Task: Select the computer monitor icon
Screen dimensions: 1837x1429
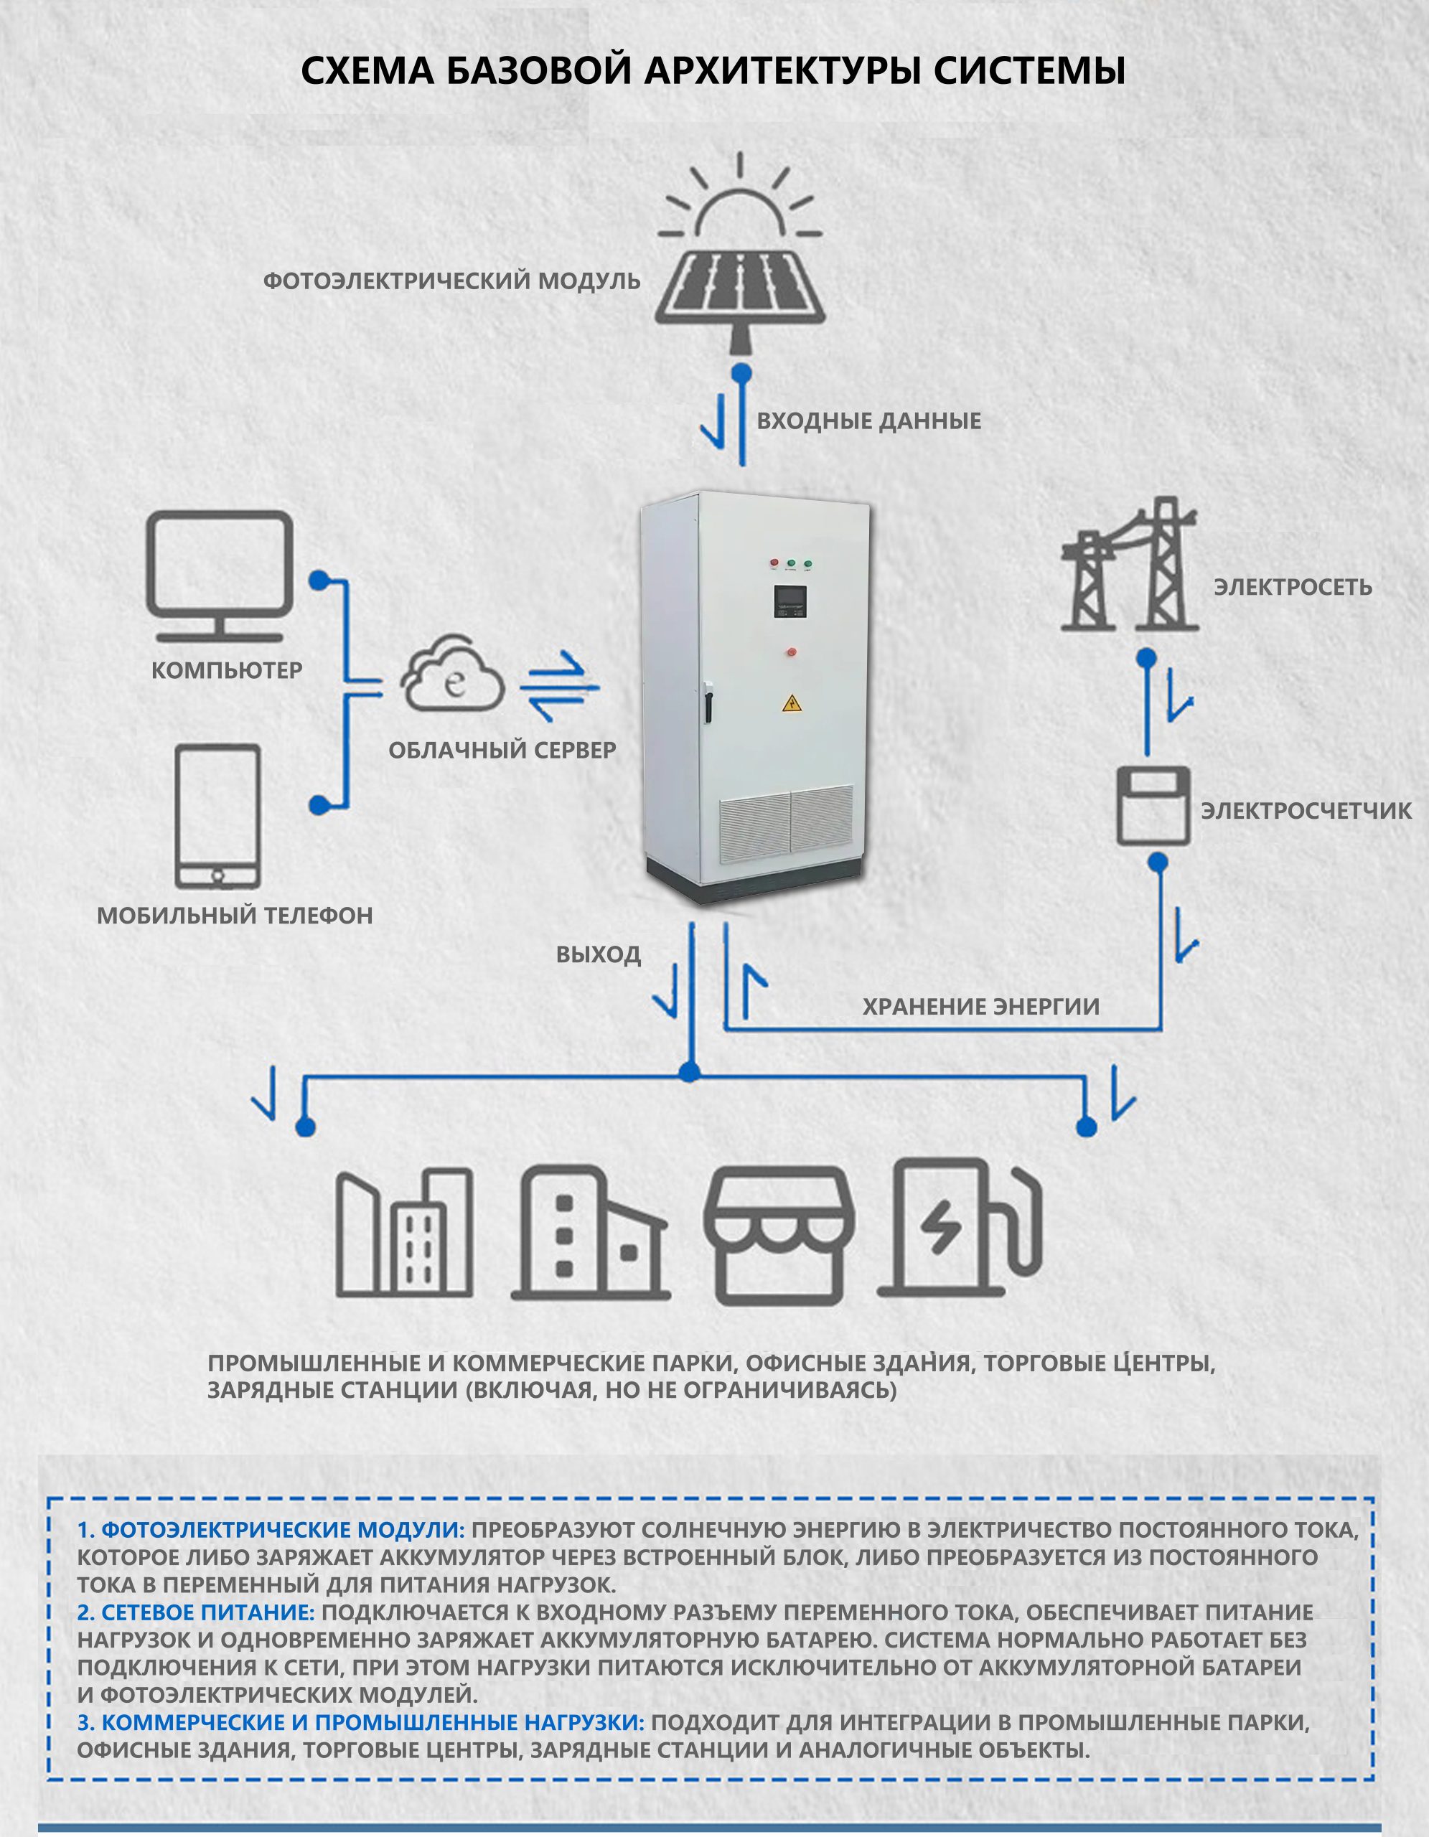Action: pos(220,576)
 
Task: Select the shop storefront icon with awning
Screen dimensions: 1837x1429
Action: pos(779,1236)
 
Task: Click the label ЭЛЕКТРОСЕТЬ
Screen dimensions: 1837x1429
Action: pos(1293,587)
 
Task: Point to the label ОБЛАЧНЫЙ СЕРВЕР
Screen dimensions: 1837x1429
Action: pos(502,751)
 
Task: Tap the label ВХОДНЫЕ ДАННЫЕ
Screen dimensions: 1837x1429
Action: pos(869,421)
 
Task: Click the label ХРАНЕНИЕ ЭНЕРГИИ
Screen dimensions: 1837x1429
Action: pos(980,1007)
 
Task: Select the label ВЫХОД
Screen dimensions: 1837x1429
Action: pos(598,954)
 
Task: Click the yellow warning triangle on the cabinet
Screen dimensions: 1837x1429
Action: pos(792,703)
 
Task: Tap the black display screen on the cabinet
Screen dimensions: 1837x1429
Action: pos(792,602)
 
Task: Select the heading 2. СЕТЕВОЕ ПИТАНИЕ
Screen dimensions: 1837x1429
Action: pos(195,1612)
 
